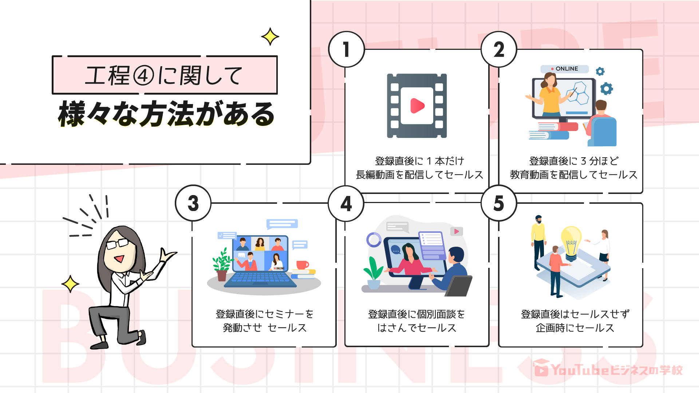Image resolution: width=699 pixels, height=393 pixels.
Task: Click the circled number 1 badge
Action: [x=346, y=49]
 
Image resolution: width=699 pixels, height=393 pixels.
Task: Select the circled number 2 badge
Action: [x=499, y=49]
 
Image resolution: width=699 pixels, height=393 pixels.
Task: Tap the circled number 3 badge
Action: [x=193, y=203]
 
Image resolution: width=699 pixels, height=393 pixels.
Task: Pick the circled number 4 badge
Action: [x=346, y=203]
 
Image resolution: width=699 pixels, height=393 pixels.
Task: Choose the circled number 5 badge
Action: [x=499, y=203]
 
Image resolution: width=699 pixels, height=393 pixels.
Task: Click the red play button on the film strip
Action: [x=417, y=106]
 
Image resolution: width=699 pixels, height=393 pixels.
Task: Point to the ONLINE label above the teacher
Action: [x=565, y=69]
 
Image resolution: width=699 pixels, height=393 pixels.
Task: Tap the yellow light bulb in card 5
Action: [x=571, y=242]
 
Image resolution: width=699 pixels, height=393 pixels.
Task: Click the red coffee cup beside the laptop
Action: [x=302, y=265]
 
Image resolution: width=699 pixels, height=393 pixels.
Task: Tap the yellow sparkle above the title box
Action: [x=270, y=37]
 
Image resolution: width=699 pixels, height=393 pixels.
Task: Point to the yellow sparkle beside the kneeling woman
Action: [x=70, y=284]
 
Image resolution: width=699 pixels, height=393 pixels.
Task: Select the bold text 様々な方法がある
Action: [x=166, y=114]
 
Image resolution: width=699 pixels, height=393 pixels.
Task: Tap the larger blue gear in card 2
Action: [x=607, y=88]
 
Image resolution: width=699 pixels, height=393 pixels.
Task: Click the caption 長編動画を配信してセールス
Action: [x=419, y=175]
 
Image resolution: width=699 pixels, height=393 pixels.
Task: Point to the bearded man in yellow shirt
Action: [x=538, y=242]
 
